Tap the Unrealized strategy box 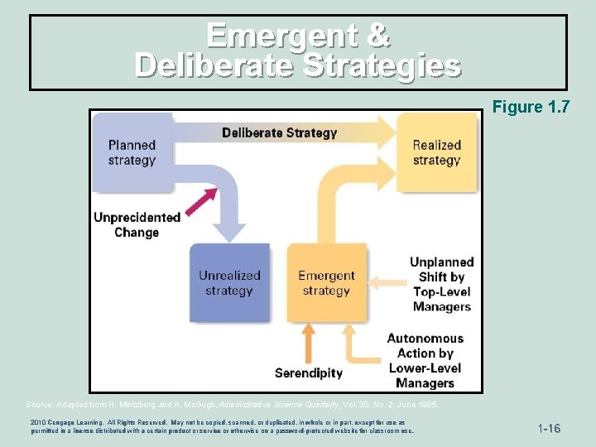[229, 282]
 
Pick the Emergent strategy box [325, 282]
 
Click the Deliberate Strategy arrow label [279, 132]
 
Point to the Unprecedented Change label [137, 224]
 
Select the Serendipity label [308, 373]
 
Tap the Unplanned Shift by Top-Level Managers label [441, 284]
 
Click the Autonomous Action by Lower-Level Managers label [425, 360]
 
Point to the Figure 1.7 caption [530, 107]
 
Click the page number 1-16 [549, 429]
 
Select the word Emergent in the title [273, 36]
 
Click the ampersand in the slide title [377, 36]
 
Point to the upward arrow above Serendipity [308, 341]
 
